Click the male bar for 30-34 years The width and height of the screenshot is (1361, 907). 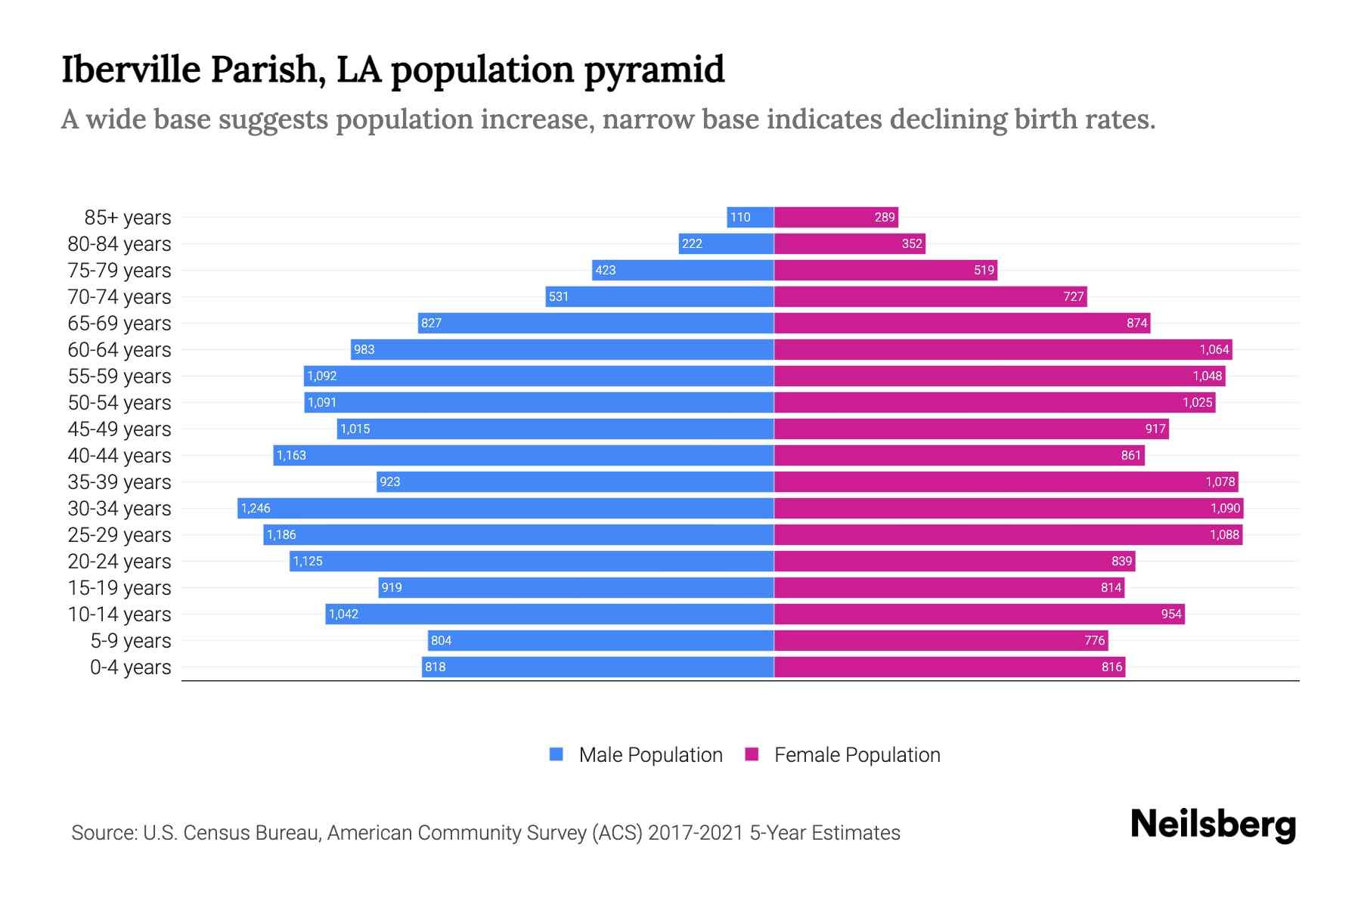click(x=505, y=508)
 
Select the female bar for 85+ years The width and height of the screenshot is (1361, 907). click(x=836, y=218)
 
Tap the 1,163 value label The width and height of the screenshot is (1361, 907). click(x=291, y=456)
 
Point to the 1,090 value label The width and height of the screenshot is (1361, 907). click(x=1225, y=509)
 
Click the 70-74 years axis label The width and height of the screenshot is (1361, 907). click(x=119, y=297)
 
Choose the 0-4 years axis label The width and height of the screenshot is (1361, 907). click(x=130, y=667)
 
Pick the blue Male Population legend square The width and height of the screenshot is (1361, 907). click(x=556, y=754)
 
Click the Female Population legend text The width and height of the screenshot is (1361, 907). click(x=857, y=755)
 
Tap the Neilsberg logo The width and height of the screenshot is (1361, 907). click(x=1213, y=825)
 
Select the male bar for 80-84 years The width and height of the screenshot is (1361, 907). click(x=726, y=244)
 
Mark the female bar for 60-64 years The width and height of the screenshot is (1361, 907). click(x=1003, y=350)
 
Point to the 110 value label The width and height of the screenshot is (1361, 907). click(x=740, y=218)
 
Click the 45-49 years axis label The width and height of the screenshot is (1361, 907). click(x=119, y=429)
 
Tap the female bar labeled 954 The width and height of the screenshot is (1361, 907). click(x=979, y=614)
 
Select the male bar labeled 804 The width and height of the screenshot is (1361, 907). click(x=600, y=641)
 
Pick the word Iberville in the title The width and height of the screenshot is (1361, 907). click(x=131, y=70)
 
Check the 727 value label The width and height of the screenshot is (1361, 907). click(x=1073, y=297)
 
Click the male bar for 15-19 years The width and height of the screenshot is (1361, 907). click(x=576, y=588)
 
